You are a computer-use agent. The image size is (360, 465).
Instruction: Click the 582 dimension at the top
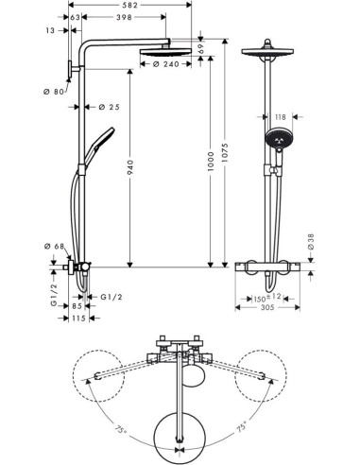tap(130, 7)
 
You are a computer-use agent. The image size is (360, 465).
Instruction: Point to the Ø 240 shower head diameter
tap(165, 63)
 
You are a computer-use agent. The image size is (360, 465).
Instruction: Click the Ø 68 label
tap(54, 248)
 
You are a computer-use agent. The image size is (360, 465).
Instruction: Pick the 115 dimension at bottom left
tap(78, 318)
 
